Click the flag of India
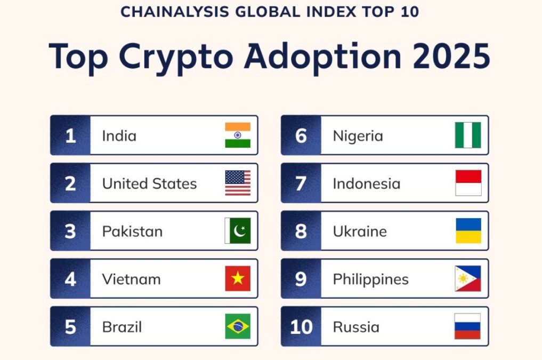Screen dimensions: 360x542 point(238,135)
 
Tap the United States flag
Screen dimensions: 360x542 point(238,183)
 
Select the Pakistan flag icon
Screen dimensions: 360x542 point(238,231)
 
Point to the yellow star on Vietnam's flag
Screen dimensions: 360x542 point(238,278)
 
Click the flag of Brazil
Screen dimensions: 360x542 point(238,326)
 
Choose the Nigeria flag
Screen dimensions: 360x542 point(468,135)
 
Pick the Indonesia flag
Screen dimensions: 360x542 point(468,183)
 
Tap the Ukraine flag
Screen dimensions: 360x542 point(468,231)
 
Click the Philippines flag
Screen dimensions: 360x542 point(468,279)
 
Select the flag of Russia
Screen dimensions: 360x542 point(468,326)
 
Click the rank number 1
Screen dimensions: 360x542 point(70,136)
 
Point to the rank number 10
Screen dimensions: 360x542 point(301,327)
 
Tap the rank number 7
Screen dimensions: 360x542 point(301,184)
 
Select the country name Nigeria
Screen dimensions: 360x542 point(358,136)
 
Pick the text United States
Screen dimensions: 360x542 point(149,184)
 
